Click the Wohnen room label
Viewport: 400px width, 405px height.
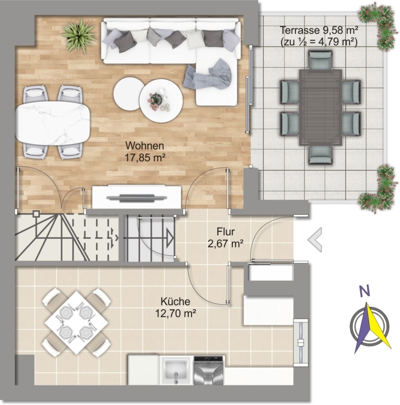pos(145,146)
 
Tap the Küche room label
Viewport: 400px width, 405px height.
pos(175,301)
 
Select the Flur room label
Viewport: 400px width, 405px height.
pos(226,232)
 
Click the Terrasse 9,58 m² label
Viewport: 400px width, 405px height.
pos(319,31)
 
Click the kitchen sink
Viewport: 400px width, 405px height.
pos(177,370)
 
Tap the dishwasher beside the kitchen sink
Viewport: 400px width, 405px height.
pos(209,371)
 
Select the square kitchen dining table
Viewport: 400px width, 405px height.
pos(76,323)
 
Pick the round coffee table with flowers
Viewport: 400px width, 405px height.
pos(161,100)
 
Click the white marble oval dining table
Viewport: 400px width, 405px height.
pos(53,123)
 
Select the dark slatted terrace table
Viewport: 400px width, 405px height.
pos(320,107)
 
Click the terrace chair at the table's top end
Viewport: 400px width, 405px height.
pos(320,60)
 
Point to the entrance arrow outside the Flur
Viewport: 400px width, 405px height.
pos(315,240)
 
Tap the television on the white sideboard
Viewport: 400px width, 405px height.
pos(137,198)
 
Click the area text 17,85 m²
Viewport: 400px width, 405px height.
pos(145,157)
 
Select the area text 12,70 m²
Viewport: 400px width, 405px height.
pos(175,313)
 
